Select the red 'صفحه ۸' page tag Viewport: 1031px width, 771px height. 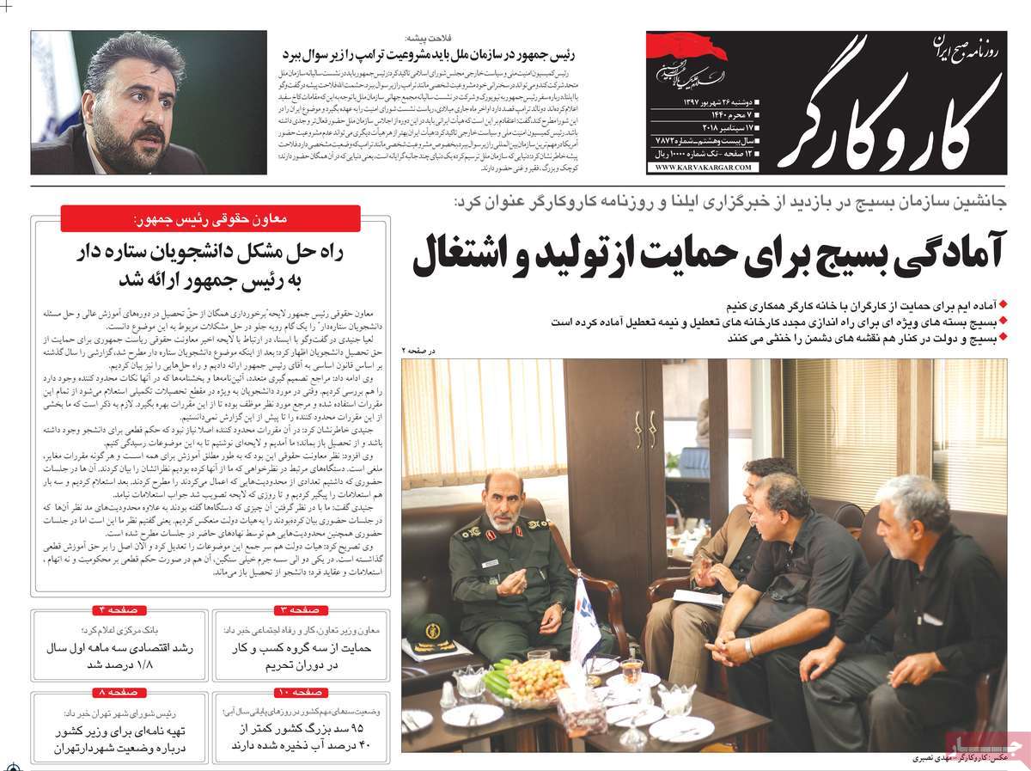(x=118, y=691)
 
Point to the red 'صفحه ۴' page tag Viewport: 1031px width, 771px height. (x=118, y=609)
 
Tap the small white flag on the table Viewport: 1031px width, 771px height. (x=586, y=617)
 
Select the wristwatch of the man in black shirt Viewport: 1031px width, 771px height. (x=750, y=647)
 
